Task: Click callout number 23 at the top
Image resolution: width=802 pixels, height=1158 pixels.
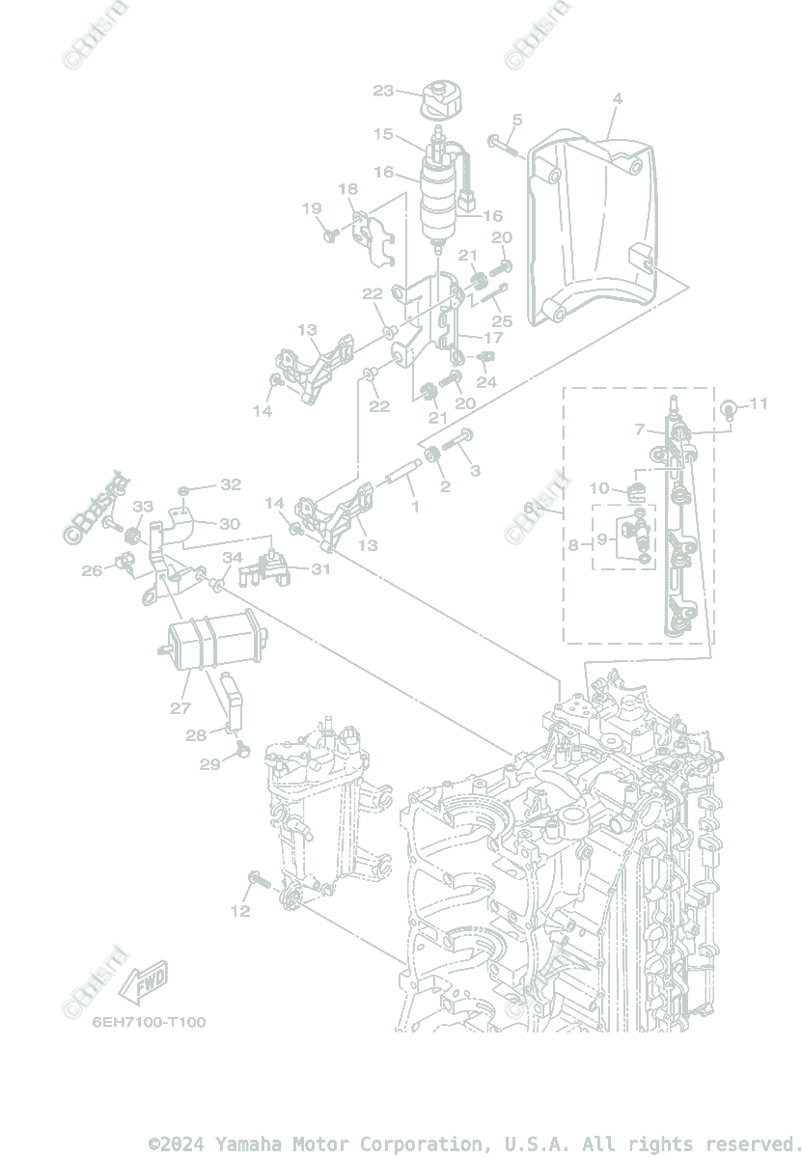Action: pyautogui.click(x=384, y=91)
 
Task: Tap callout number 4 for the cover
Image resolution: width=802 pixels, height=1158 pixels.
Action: pyautogui.click(x=617, y=98)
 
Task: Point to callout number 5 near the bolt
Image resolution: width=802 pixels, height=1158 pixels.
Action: pyautogui.click(x=517, y=121)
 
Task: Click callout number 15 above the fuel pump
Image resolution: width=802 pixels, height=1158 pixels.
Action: pyautogui.click(x=383, y=134)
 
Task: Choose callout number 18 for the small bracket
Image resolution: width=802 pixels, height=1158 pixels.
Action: pyautogui.click(x=347, y=189)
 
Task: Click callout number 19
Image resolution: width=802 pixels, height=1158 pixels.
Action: pyautogui.click(x=312, y=208)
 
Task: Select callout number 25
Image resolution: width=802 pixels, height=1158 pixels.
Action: pyautogui.click(x=502, y=320)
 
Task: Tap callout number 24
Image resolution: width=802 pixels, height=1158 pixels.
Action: pyautogui.click(x=486, y=381)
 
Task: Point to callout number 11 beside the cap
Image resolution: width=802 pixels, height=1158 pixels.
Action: pyautogui.click(x=759, y=403)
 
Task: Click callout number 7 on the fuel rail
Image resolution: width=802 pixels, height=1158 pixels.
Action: pyautogui.click(x=639, y=428)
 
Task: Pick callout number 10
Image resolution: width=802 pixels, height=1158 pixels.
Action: pyautogui.click(x=599, y=488)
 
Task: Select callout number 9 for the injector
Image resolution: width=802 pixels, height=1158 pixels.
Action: pyautogui.click(x=601, y=538)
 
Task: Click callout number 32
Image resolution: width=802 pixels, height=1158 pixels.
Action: pyautogui.click(x=231, y=483)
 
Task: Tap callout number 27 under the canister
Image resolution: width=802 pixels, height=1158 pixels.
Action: pyautogui.click(x=180, y=707)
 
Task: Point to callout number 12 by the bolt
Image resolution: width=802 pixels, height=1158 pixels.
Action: pyautogui.click(x=239, y=910)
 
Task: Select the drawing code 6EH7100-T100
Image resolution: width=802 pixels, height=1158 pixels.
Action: pyautogui.click(x=150, y=1021)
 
